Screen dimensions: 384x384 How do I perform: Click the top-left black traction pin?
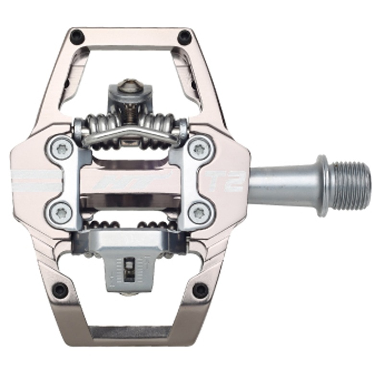[76, 36]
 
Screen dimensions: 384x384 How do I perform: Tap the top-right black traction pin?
[184, 36]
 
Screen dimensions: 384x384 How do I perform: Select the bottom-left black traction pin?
[60, 290]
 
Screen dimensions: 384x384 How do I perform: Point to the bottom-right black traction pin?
[200, 290]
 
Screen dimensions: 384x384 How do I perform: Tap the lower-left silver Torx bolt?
[61, 211]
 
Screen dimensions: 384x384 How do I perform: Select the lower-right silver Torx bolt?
[198, 212]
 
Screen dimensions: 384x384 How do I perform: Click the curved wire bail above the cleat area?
[129, 135]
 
